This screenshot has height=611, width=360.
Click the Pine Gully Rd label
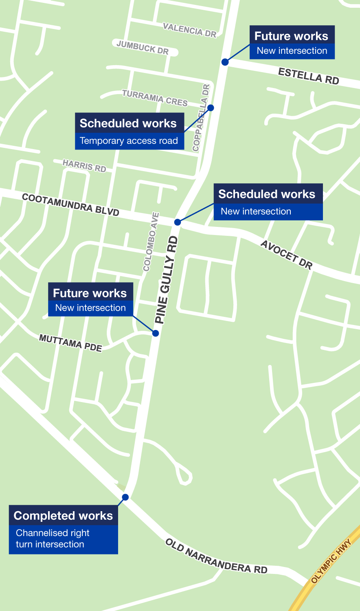167,280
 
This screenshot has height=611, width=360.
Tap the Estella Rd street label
308,76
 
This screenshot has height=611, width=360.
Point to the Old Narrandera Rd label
216,556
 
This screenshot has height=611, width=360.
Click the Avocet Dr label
286,255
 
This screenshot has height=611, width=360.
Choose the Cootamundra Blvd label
70,205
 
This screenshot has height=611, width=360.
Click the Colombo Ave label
151,242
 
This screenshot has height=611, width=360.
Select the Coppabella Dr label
201,118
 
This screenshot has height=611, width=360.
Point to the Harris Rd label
84,166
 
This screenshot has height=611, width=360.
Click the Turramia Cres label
155,98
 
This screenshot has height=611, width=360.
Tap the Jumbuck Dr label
142,47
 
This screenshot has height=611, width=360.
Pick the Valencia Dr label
189,30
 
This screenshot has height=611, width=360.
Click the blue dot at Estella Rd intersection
225,62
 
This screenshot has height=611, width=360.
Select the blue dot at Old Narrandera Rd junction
125,497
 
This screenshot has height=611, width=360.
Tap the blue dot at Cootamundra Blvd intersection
178,222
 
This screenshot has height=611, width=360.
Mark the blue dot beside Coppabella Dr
211,108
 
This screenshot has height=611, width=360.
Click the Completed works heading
63,516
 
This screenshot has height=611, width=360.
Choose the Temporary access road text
129,141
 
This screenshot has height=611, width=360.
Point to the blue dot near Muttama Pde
155,333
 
